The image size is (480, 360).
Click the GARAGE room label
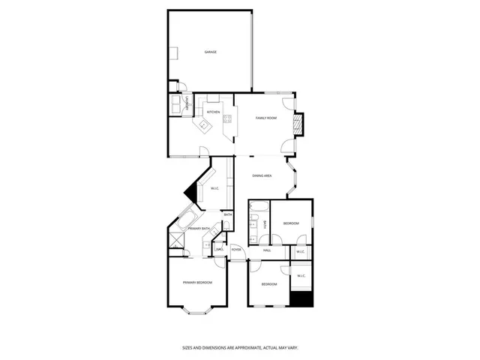tap(211, 52)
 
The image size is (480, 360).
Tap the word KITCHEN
tap(214, 112)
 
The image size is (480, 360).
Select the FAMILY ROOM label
tap(266, 118)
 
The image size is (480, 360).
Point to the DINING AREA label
tap(262, 175)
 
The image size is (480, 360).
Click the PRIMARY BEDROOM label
tap(197, 282)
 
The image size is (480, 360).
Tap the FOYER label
tap(236, 250)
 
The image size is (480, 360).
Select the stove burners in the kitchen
tap(226, 118)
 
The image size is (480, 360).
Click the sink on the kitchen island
tap(204, 127)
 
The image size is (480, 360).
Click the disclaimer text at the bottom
tap(240, 347)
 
